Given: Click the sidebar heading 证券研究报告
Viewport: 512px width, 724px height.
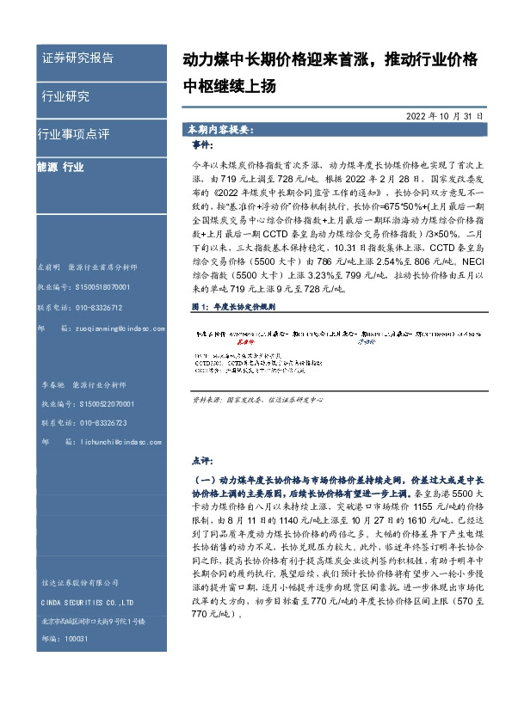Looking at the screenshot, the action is [77, 58].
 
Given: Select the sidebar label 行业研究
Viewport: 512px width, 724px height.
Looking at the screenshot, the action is [65, 96].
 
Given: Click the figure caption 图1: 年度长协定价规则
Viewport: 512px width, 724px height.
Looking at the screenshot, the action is [231, 306].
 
